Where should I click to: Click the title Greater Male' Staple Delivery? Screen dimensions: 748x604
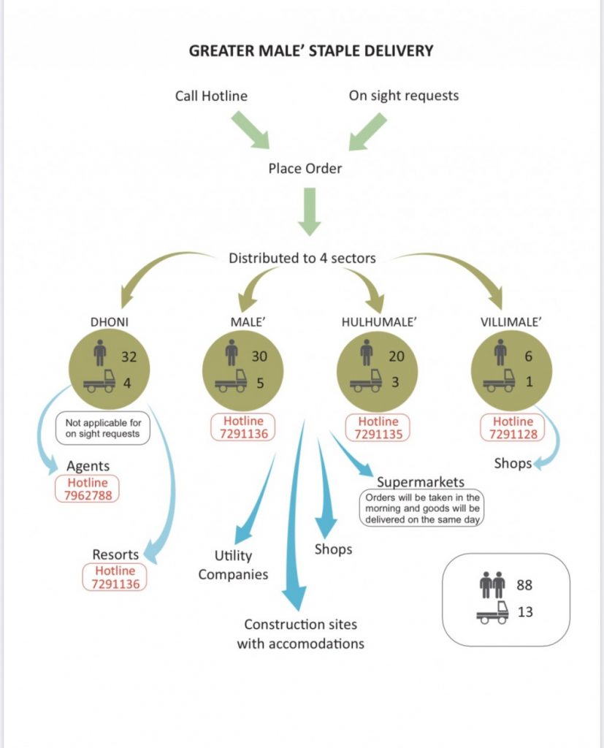click(x=311, y=51)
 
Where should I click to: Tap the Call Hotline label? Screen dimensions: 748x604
click(x=211, y=96)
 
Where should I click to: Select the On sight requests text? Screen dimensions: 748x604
click(x=404, y=96)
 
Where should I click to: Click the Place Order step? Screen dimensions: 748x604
click(x=305, y=169)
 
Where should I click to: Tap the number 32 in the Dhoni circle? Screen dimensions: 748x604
click(x=128, y=357)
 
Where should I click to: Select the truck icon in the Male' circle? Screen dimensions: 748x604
click(x=230, y=383)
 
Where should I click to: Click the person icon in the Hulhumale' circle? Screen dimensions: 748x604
click(x=366, y=354)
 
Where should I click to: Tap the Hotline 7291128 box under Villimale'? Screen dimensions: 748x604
click(x=513, y=428)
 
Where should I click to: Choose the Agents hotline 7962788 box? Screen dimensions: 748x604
click(x=88, y=489)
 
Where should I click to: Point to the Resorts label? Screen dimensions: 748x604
click(x=116, y=554)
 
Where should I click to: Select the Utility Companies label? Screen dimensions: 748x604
click(x=233, y=565)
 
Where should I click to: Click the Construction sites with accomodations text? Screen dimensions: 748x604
click(x=300, y=634)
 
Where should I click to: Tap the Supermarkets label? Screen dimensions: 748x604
click(x=420, y=482)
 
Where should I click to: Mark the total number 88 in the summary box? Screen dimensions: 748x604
click(x=524, y=585)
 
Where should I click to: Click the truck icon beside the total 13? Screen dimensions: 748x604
click(x=492, y=612)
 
